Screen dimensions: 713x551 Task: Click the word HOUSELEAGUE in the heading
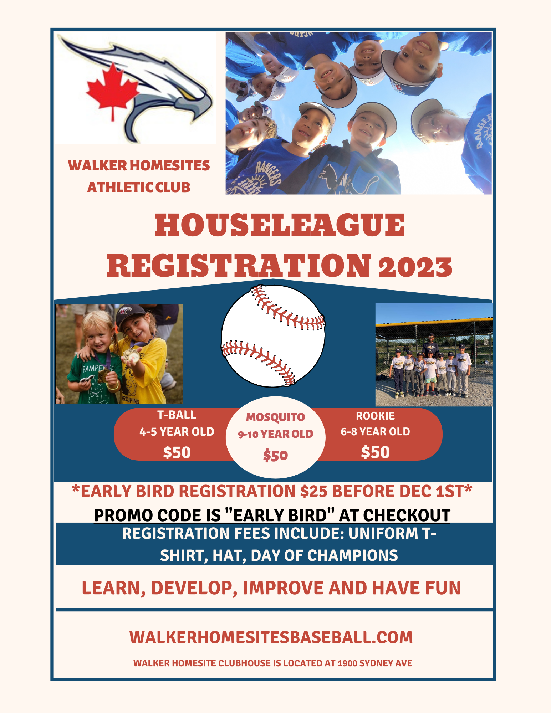pyautogui.click(x=280, y=225)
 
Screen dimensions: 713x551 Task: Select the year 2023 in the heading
pyautogui.click(x=415, y=267)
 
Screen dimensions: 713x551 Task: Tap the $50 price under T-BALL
pyautogui.click(x=177, y=453)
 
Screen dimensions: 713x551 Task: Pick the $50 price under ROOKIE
pyautogui.click(x=375, y=452)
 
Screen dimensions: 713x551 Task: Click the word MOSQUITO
pyautogui.click(x=275, y=417)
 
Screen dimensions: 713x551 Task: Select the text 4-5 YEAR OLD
pyautogui.click(x=177, y=432)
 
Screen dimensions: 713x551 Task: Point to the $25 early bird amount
pyautogui.click(x=313, y=491)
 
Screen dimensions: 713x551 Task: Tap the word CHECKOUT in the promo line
pyautogui.click(x=407, y=515)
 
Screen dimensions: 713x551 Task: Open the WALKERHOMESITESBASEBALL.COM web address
pyautogui.click(x=271, y=637)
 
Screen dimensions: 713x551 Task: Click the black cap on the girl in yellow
pyautogui.click(x=130, y=314)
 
